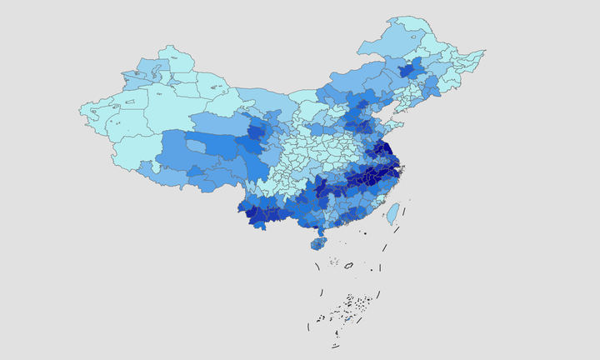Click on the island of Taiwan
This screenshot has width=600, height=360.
392,213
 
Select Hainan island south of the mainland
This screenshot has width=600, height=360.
318,243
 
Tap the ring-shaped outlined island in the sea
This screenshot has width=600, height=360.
348,265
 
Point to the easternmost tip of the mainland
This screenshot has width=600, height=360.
483,53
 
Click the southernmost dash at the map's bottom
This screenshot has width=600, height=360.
335,345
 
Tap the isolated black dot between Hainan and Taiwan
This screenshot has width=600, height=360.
365,232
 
